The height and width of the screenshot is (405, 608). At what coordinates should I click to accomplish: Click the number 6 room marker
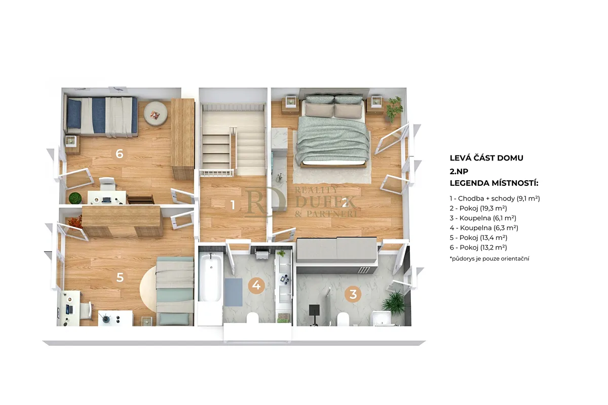pyautogui.click(x=120, y=154)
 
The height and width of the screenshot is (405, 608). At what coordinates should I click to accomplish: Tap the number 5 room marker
pyautogui.click(x=120, y=277)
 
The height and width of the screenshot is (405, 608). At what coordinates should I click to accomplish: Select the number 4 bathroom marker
pyautogui.click(x=256, y=285)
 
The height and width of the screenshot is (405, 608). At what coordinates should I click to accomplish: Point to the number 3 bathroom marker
pyautogui.click(x=353, y=294)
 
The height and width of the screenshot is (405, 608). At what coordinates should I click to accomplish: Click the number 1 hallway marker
pyautogui.click(x=233, y=205)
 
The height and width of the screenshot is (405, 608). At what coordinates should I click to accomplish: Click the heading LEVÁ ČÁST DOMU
pyautogui.click(x=486, y=158)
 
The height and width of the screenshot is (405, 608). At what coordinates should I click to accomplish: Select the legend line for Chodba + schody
pyautogui.click(x=495, y=198)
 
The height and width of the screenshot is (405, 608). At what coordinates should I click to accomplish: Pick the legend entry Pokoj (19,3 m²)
pyautogui.click(x=478, y=209)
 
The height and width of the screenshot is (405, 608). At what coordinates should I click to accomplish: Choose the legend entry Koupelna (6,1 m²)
pyautogui.click(x=483, y=218)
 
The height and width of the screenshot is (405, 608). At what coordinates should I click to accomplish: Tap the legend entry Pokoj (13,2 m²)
pyautogui.click(x=478, y=248)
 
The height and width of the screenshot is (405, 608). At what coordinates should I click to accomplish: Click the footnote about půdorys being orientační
pyautogui.click(x=489, y=259)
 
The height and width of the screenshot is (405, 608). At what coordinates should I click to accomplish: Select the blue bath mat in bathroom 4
pyautogui.click(x=233, y=292)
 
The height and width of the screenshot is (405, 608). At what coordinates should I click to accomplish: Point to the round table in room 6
pyautogui.click(x=156, y=113)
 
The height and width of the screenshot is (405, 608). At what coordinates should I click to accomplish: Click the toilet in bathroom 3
pyautogui.click(x=343, y=319)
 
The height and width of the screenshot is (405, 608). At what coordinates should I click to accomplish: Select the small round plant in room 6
pyautogui.click(x=75, y=198)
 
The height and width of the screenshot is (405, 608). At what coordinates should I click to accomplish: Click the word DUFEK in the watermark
pyautogui.click(x=325, y=202)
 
